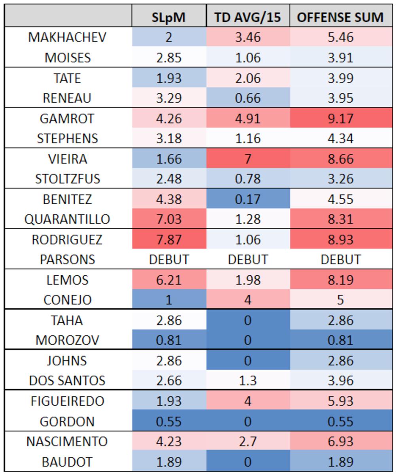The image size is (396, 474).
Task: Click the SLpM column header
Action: [169, 17]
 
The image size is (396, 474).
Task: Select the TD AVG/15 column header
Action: [248, 17]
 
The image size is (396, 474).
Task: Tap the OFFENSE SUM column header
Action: [340, 17]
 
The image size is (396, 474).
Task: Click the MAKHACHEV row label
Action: [68, 37]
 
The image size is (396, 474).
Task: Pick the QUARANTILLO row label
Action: [68, 219]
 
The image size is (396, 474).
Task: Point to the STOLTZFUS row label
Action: [68, 179]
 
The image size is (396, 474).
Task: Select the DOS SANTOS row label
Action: [68, 380]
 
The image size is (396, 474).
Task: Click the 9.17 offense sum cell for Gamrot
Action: [340, 118]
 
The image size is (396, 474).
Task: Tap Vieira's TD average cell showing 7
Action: [248, 159]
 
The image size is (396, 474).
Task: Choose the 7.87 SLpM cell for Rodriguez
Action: [169, 239]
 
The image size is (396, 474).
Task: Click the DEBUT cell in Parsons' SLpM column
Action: [169, 260]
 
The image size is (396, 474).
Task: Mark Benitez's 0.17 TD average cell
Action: [248, 199]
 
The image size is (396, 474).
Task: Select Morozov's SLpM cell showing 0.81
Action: [169, 340]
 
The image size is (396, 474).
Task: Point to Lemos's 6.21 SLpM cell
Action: [169, 280]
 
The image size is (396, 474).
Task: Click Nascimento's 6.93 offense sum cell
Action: [340, 441]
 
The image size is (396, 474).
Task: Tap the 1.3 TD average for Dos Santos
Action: [248, 380]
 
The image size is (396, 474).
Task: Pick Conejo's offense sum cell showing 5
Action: [340, 300]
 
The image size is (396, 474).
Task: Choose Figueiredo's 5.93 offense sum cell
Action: [340, 401]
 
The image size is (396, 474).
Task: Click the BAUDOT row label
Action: [68, 461]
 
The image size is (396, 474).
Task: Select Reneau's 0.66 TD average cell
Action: [248, 98]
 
